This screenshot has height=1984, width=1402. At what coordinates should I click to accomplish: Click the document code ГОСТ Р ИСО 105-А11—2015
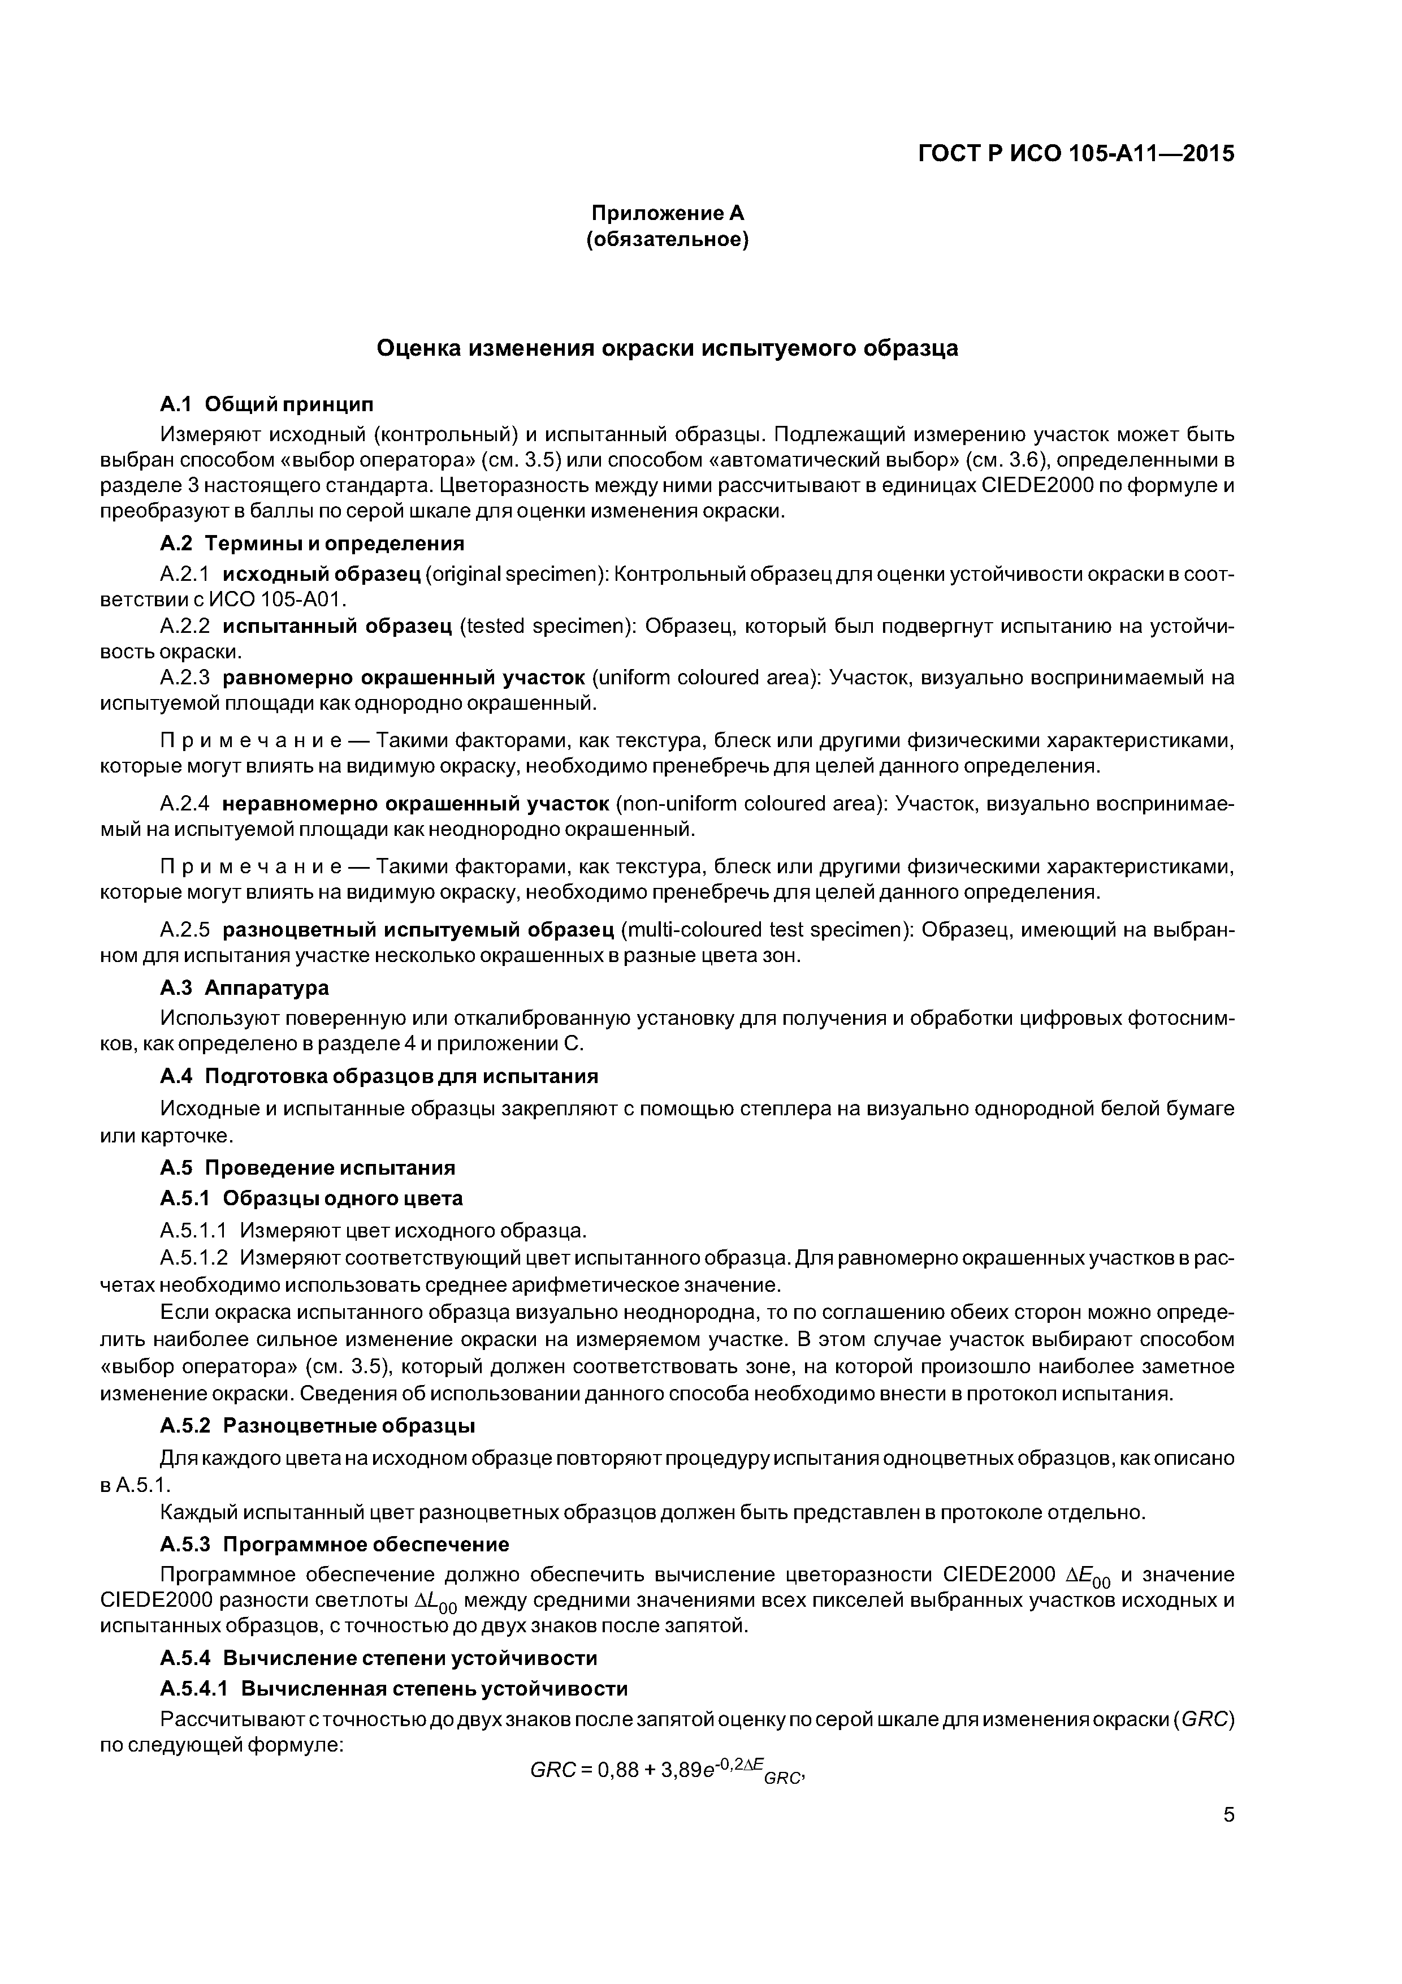(x=1075, y=154)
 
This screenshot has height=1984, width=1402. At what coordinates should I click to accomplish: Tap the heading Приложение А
(x=667, y=213)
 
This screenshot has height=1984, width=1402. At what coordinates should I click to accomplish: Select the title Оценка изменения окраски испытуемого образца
(x=668, y=348)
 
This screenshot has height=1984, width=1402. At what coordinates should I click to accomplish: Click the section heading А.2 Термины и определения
(x=312, y=544)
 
